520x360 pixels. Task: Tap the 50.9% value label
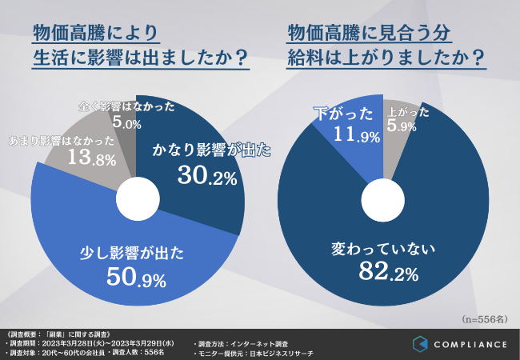tap(135, 278)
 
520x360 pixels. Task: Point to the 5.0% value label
tap(126, 124)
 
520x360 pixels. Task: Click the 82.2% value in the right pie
tap(388, 274)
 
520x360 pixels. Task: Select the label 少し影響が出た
tap(134, 254)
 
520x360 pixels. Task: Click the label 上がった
tap(408, 111)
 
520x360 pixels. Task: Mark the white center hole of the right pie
tap(384, 196)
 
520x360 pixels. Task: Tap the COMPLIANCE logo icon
tap(421, 344)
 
